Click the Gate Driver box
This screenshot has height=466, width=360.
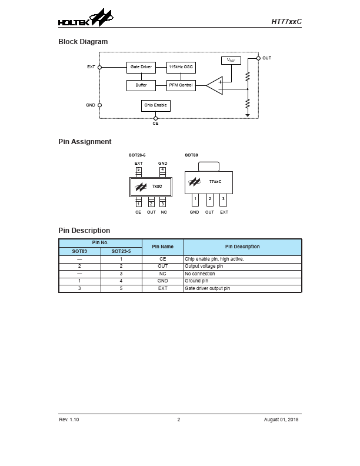(141, 67)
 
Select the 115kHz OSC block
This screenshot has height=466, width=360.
(181, 67)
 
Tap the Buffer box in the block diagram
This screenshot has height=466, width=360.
(141, 85)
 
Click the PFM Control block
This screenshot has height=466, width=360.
(181, 85)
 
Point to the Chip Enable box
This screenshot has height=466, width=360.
(155, 105)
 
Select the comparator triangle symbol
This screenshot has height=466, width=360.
(215, 85)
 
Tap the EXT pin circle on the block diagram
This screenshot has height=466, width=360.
(99, 67)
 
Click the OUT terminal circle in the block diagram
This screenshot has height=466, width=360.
(258, 58)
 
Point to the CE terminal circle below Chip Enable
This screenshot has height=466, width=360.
(155, 118)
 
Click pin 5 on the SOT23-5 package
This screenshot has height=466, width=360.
(138, 171)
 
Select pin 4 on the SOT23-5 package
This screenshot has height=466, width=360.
(162, 171)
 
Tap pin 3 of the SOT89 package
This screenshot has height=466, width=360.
(224, 199)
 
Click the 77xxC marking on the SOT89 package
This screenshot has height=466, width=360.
(215, 182)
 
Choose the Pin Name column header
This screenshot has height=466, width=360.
(163, 247)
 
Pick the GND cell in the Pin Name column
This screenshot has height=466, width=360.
(163, 281)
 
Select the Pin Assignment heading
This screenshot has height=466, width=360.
(85, 142)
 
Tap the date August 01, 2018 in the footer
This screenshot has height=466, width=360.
(282, 420)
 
